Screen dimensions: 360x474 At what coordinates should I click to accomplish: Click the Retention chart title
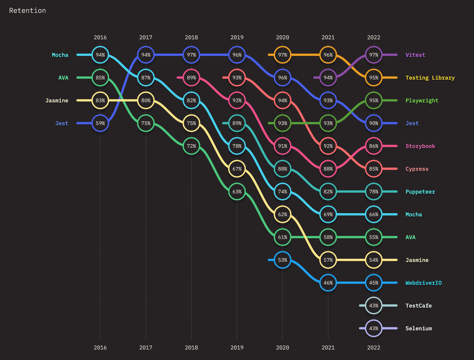[x=28, y=11]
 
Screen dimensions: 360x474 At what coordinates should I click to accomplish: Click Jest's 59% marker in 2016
[x=100, y=123]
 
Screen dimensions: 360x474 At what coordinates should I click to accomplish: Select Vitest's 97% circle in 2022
[x=374, y=55]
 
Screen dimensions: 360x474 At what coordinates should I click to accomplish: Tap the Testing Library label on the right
[x=430, y=78]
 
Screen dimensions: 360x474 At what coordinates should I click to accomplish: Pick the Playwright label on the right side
[x=422, y=100]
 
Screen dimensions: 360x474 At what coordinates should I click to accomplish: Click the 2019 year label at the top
[x=237, y=37]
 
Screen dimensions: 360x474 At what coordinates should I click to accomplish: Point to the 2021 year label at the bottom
[x=328, y=348]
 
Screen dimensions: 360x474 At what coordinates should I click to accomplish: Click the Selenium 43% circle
[x=374, y=328]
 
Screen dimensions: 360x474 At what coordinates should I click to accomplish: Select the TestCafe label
[x=418, y=305]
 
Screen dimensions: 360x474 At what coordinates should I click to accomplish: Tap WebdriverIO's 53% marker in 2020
[x=282, y=260]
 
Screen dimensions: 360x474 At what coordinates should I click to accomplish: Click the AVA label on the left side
[x=63, y=78]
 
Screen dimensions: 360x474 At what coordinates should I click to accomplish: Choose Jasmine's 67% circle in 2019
[x=237, y=169]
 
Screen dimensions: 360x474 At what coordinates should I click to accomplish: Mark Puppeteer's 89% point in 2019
[x=237, y=123]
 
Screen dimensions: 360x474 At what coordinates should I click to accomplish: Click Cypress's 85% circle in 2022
[x=374, y=169]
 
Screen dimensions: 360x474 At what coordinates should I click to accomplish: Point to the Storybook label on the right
[x=420, y=146]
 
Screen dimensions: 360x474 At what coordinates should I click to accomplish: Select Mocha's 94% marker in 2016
[x=100, y=55]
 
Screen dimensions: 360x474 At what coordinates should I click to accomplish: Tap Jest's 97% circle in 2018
[x=191, y=55]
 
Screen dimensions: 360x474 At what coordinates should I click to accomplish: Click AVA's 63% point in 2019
[x=237, y=192]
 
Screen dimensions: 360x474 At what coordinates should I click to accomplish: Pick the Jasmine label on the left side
[x=57, y=100]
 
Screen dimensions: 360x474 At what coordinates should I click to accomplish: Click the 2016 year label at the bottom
[x=100, y=348]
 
